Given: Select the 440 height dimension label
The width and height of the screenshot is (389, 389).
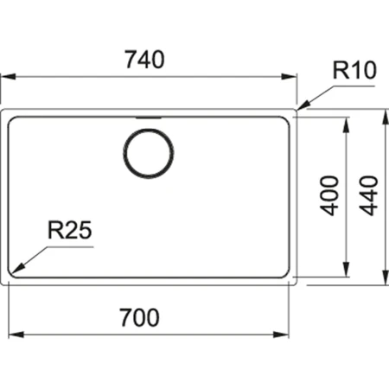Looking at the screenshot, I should click(x=369, y=198).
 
